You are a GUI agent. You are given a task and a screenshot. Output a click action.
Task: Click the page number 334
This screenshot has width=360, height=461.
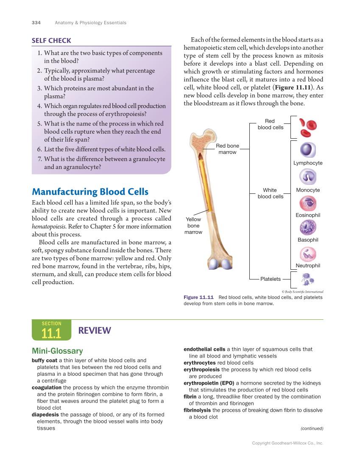36,22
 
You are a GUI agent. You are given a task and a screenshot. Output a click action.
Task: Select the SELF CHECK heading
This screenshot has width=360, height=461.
51,41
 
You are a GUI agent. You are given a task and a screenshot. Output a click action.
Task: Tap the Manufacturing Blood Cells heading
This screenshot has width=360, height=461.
90,192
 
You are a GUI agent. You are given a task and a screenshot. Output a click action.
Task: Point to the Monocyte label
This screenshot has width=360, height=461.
308,190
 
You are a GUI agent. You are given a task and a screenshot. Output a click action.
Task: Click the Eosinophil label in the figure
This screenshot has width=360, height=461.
308,215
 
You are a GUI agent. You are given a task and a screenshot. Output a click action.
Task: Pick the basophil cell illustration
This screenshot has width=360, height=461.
308,227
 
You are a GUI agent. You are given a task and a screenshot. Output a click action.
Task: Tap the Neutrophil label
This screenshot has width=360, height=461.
308,265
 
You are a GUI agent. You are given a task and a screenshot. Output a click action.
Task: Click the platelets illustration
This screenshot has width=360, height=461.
307,279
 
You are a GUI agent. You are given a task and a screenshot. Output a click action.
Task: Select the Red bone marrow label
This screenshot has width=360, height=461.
228,149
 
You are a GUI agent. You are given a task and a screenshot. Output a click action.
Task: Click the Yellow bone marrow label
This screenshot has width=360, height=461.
193,226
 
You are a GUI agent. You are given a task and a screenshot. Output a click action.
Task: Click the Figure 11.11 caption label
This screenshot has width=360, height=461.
198,297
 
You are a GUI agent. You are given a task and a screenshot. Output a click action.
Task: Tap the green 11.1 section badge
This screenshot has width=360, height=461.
51,330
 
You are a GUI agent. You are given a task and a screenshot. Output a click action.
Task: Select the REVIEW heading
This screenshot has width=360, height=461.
95,330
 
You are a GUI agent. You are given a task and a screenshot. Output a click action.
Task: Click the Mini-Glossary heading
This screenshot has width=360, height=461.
57,351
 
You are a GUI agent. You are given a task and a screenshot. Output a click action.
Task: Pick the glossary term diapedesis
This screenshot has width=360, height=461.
45,414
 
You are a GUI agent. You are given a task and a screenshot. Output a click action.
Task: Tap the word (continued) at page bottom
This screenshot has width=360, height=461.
312,428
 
